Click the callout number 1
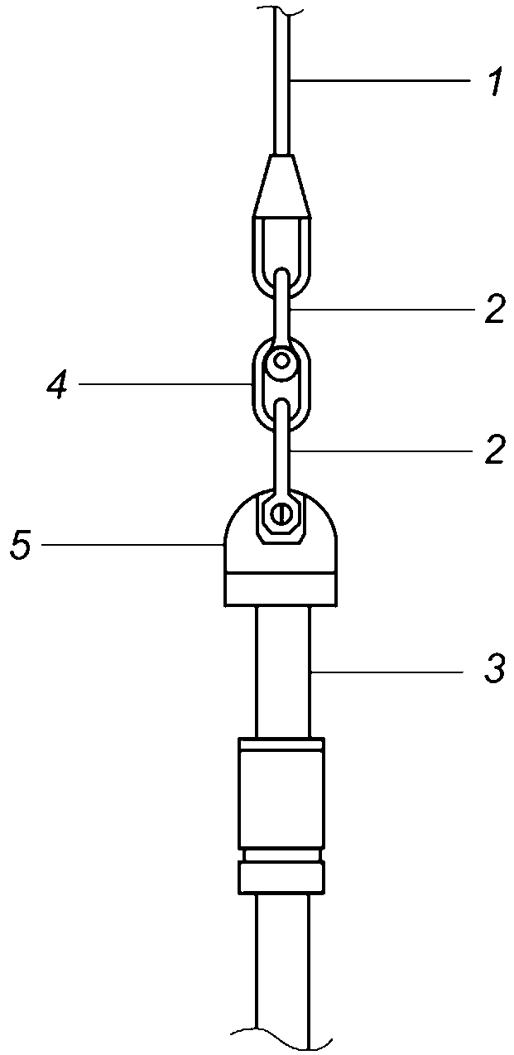[494, 81]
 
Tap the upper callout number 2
[495, 309]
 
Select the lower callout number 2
[495, 450]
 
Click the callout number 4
[58, 384]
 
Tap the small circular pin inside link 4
[281, 361]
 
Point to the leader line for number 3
[390, 672]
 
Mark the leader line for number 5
[133, 545]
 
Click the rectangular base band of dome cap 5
[281, 590]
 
